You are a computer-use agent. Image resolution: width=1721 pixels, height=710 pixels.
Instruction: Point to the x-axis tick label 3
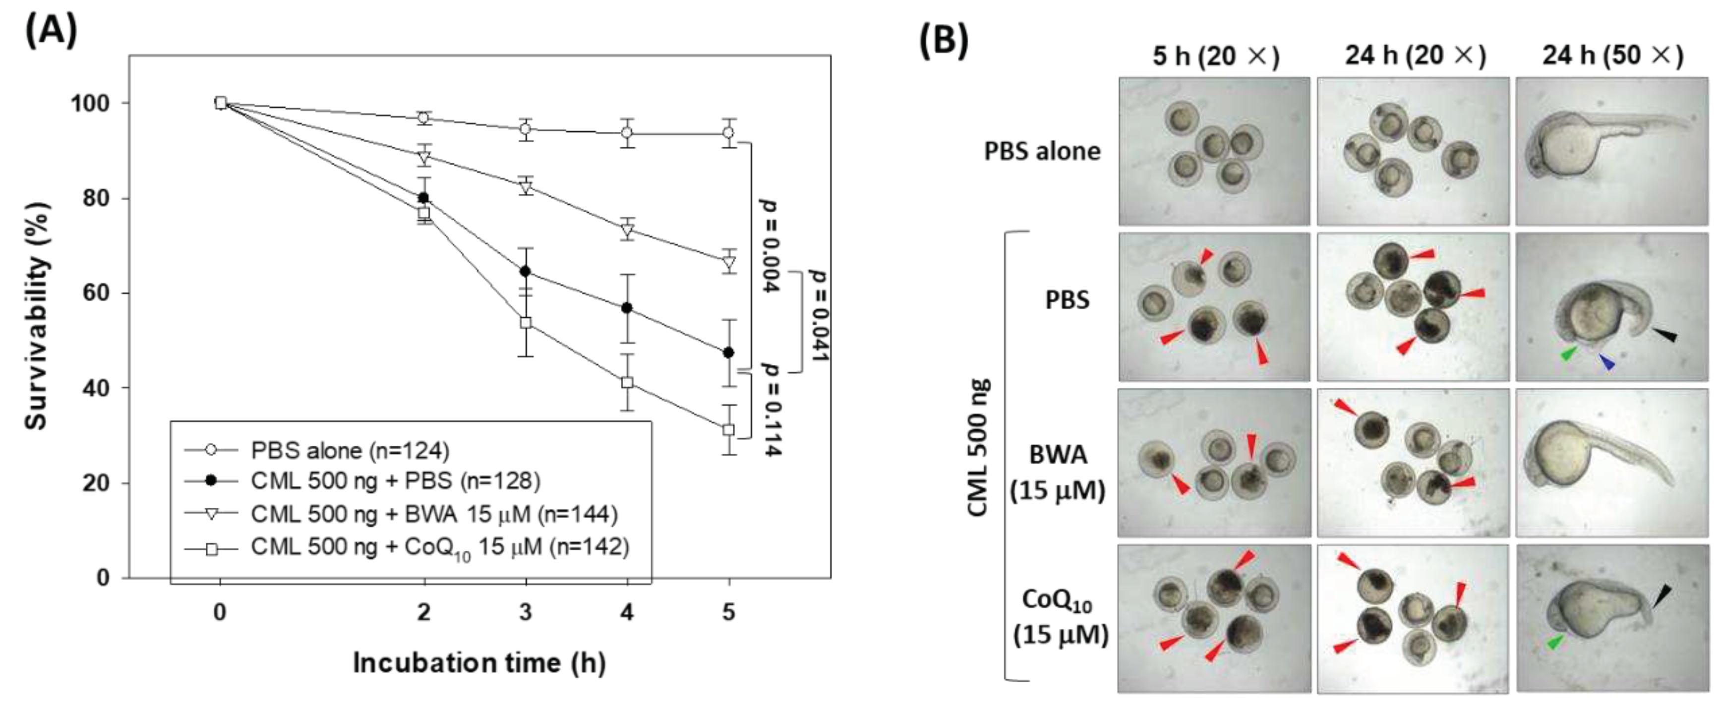tap(525, 612)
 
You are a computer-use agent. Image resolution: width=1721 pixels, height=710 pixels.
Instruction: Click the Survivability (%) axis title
tap(37, 315)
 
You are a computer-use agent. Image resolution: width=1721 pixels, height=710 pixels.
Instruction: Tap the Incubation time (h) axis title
tap(479, 663)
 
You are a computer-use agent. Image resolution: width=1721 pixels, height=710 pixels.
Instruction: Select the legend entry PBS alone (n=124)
tap(350, 451)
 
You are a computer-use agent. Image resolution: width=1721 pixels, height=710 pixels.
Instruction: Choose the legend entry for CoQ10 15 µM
tap(440, 548)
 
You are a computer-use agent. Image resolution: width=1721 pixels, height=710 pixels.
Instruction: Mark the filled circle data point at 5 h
tap(728, 353)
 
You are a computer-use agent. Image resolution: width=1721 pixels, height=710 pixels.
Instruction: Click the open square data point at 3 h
tap(526, 323)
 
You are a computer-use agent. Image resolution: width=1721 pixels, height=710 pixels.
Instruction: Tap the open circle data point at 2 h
tap(423, 118)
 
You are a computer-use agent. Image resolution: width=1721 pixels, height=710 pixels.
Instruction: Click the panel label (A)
tap(51, 30)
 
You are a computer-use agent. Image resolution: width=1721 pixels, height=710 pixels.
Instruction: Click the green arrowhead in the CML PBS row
tap(1567, 354)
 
